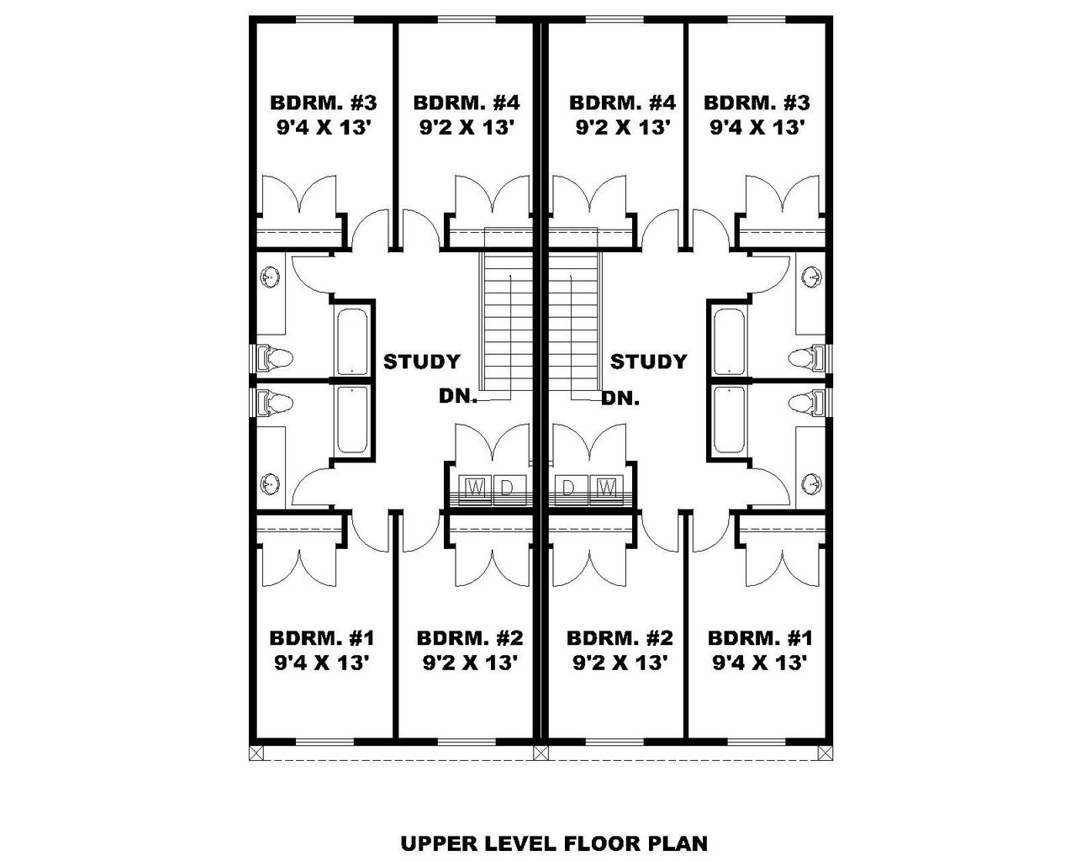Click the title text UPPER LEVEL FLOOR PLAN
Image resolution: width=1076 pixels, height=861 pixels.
[x=554, y=843]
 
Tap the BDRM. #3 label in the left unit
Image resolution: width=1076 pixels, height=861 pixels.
[x=324, y=103]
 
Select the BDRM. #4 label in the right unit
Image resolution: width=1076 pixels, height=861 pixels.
[x=622, y=103]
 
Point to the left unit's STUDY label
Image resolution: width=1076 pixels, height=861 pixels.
[x=422, y=362]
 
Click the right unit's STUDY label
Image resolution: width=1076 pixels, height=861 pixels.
[x=648, y=362]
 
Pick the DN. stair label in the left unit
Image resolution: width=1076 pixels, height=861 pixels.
[x=458, y=396]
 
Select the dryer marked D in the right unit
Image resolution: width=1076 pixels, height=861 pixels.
[x=568, y=487]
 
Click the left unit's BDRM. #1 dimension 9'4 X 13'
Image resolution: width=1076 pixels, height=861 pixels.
[x=323, y=663]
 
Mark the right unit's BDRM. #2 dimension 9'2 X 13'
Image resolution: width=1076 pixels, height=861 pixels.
[x=620, y=663]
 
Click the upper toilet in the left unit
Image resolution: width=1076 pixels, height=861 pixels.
[x=274, y=358]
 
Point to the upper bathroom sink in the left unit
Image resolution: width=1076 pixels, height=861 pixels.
[x=271, y=277]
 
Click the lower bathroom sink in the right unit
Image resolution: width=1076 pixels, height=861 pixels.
[x=812, y=483]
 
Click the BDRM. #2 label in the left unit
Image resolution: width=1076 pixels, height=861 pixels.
[x=470, y=637]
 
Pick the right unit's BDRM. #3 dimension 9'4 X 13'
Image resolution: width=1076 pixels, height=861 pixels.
[x=758, y=128]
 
